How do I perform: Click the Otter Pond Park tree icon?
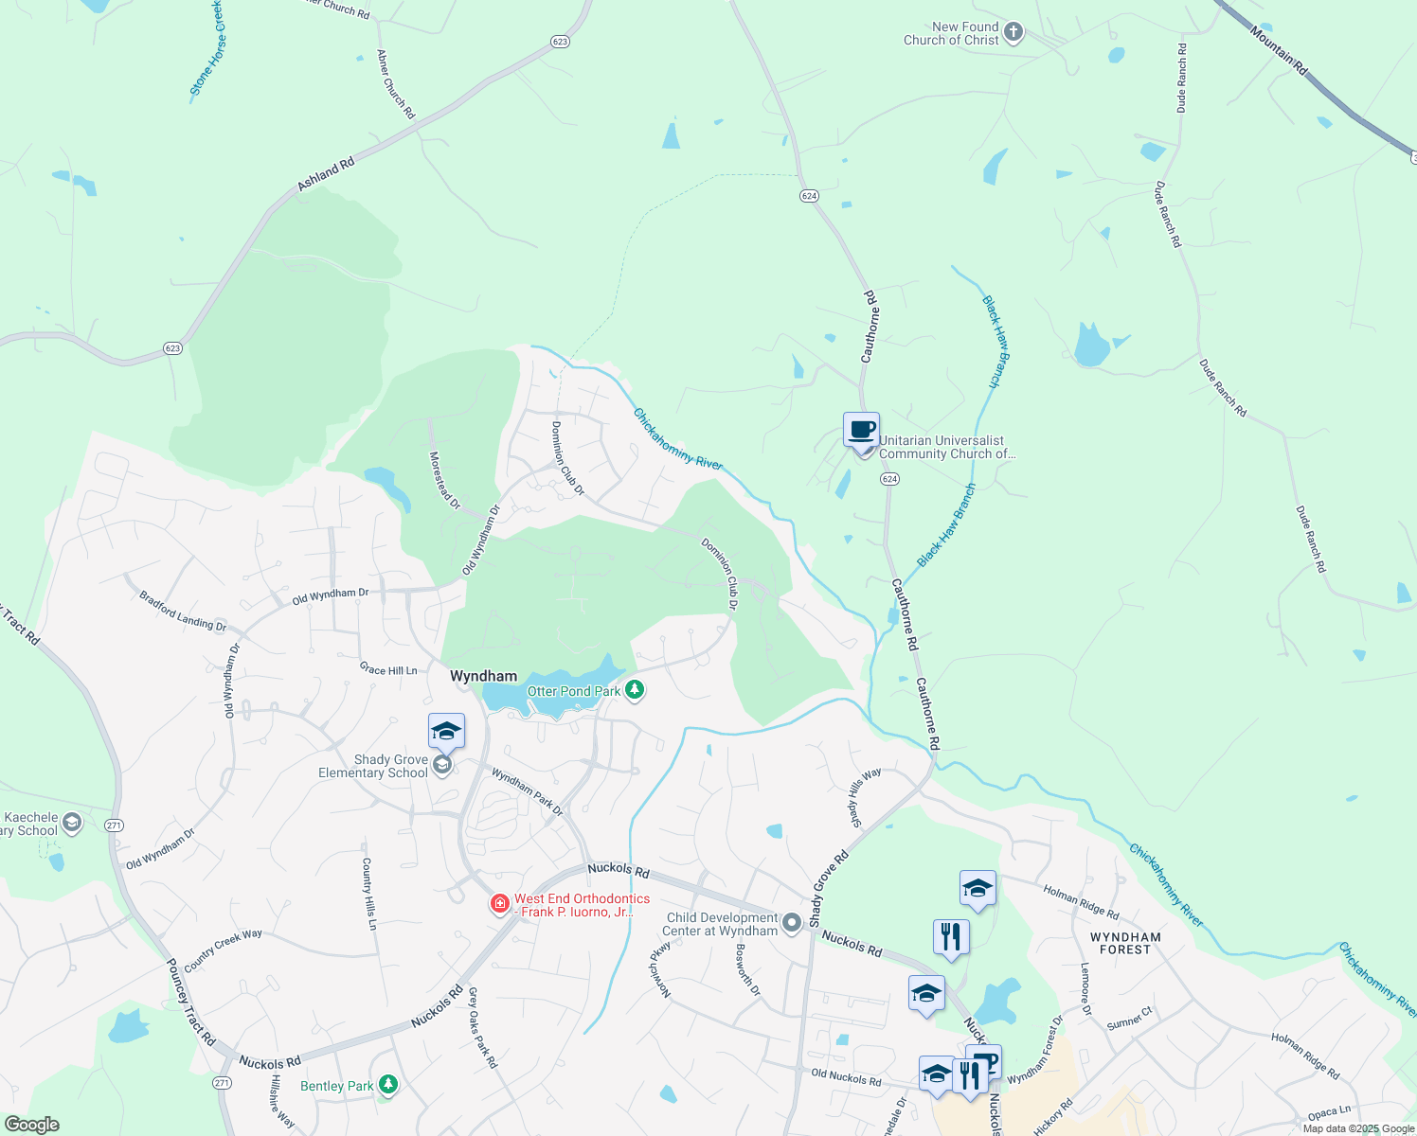(x=635, y=690)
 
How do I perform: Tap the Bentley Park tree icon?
(x=386, y=1085)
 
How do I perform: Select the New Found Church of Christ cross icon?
(x=1013, y=33)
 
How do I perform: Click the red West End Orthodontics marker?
(x=499, y=905)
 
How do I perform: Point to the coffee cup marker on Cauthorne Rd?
(x=861, y=431)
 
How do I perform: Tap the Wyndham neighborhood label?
(x=483, y=676)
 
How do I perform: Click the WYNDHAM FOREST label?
(x=1125, y=943)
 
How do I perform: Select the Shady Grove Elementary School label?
(x=373, y=766)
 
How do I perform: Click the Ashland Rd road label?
(x=326, y=174)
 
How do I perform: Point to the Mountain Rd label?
(x=1278, y=51)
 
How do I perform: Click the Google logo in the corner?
(x=31, y=1125)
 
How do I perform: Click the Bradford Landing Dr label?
(x=183, y=612)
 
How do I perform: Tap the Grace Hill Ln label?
(x=388, y=669)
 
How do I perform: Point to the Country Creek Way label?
(x=223, y=950)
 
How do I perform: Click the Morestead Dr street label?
(x=444, y=481)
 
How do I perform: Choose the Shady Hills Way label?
(x=866, y=797)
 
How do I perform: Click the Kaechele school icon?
(x=72, y=824)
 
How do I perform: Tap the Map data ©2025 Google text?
(x=1358, y=1128)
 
